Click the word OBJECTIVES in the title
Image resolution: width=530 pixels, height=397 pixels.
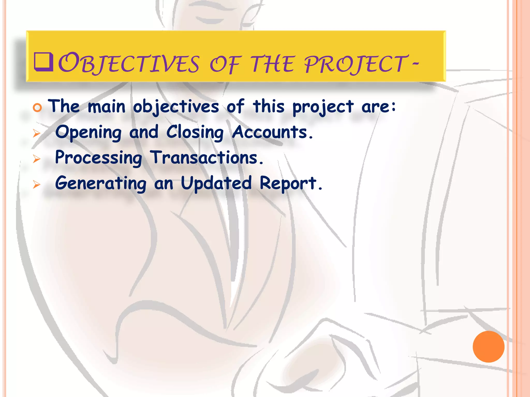[x=129, y=64]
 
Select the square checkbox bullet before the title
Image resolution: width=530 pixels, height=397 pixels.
[x=43, y=62]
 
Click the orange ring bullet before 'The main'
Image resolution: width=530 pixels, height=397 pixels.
[x=38, y=108]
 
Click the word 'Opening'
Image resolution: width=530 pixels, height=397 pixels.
[x=88, y=132]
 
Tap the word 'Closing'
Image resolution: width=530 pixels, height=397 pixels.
[x=195, y=132]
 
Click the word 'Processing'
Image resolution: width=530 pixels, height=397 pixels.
[x=99, y=158]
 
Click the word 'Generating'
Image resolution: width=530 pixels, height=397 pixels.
[x=101, y=183]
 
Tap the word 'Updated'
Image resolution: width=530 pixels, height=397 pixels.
[x=216, y=183]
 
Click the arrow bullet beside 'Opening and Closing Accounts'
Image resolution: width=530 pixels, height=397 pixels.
[x=37, y=133]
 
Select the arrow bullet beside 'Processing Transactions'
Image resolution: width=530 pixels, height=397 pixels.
[x=37, y=159]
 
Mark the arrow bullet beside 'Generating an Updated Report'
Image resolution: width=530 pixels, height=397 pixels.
[x=37, y=184]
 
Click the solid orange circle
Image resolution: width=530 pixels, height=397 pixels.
[x=488, y=346]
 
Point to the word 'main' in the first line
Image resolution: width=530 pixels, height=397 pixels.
[x=106, y=106]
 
